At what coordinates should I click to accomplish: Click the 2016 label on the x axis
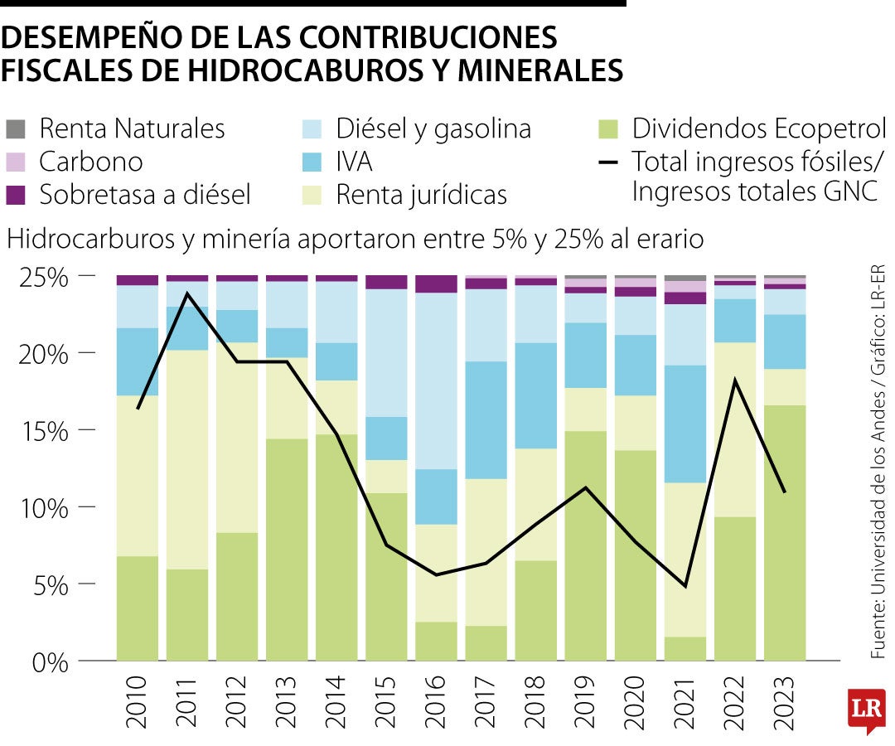tap(437, 703)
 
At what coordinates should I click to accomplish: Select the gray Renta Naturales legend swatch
tap(16, 129)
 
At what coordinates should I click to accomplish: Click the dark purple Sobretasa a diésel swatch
tap(16, 195)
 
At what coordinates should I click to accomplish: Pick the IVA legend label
tap(354, 162)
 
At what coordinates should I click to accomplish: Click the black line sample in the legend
tap(608, 162)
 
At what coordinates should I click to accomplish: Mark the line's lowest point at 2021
tap(685, 586)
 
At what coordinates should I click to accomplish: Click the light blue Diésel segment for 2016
tap(437, 381)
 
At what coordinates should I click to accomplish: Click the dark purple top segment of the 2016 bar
tap(437, 284)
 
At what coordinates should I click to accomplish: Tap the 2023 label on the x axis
tap(785, 703)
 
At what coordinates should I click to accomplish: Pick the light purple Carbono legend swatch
tap(16, 162)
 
